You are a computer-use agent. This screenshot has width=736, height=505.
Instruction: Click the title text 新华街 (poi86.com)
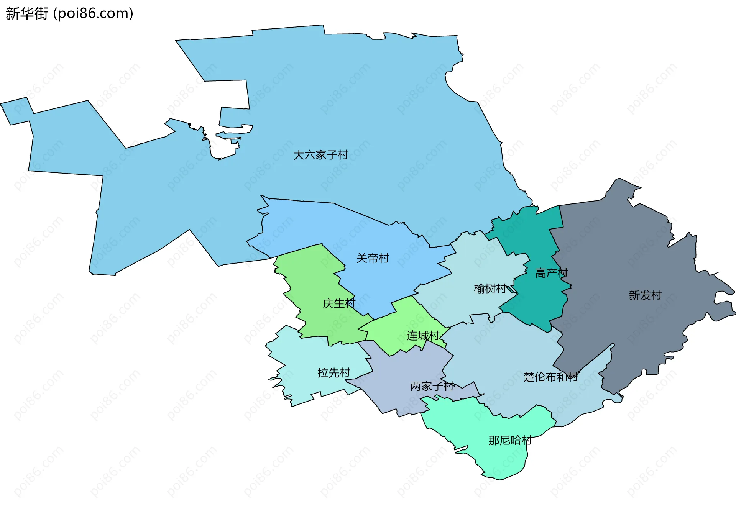69,13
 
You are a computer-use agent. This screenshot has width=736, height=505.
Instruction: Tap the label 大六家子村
320,155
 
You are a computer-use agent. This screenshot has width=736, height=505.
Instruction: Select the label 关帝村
373,258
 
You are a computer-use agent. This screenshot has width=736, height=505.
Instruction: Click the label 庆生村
339,303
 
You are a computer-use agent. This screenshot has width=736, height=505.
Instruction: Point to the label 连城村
423,336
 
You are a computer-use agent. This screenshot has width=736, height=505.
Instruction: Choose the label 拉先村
333,373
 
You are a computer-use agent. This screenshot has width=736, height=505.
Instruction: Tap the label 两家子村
432,386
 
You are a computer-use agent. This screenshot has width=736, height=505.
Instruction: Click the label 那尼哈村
510,440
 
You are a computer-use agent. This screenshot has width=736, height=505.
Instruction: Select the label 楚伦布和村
550,377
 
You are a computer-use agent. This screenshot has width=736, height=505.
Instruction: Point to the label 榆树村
490,289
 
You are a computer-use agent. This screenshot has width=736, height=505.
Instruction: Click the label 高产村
551,273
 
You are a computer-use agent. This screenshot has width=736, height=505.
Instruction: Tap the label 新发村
645,295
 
